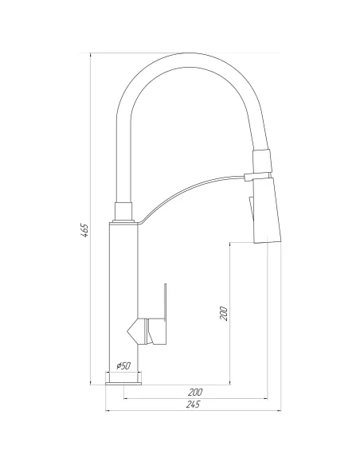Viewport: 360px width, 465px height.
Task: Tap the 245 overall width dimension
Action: click(x=192, y=404)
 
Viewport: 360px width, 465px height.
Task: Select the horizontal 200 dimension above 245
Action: click(x=194, y=392)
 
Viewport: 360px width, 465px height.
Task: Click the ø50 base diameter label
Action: click(x=124, y=365)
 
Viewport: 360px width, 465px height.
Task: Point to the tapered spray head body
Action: click(x=264, y=211)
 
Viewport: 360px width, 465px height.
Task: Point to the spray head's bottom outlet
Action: click(x=265, y=241)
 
